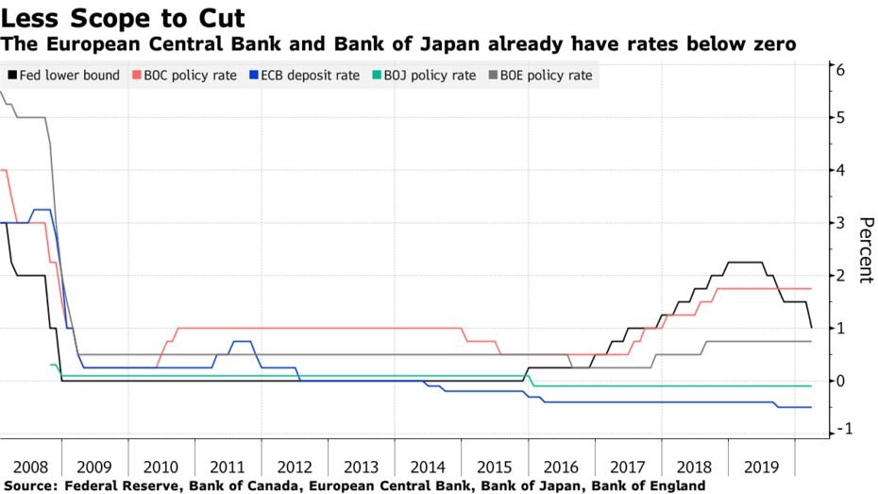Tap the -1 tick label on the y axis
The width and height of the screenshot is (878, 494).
pyautogui.click(x=836, y=429)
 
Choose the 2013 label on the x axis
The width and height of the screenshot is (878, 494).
pyautogui.click(x=362, y=467)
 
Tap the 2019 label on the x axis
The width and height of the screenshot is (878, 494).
pyautogui.click(x=761, y=467)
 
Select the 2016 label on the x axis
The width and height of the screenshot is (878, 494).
pyautogui.click(x=561, y=467)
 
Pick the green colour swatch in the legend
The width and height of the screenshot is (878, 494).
pyautogui.click(x=377, y=76)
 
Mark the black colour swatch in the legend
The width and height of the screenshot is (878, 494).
pyautogui.click(x=10, y=76)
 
